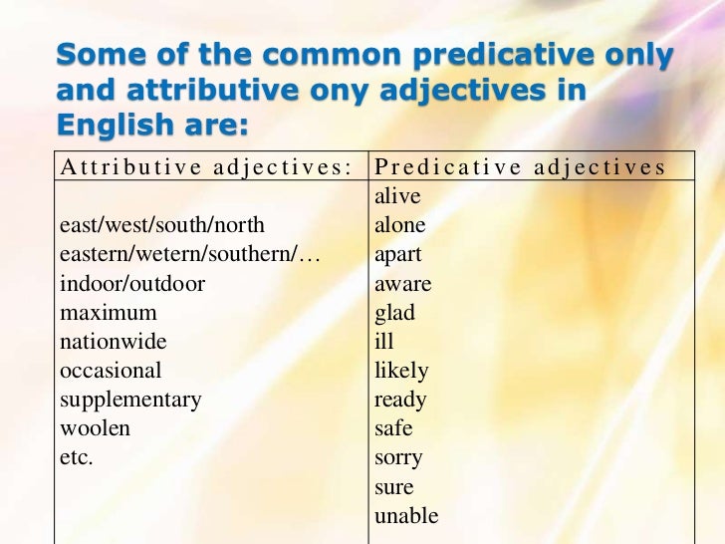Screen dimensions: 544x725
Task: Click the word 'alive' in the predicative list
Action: tap(397, 196)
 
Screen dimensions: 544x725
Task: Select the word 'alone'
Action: tap(400, 225)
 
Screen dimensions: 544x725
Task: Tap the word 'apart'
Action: tap(398, 255)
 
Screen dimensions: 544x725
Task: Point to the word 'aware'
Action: tap(402, 284)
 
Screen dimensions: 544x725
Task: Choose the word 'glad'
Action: tap(394, 313)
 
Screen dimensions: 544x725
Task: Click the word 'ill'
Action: tap(384, 342)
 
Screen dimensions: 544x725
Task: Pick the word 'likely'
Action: tap(401, 371)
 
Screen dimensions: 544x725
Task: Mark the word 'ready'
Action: tap(400, 401)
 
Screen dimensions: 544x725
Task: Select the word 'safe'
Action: tap(393, 429)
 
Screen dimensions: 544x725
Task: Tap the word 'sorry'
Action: tap(398, 458)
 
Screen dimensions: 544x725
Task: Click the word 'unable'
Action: tap(405, 516)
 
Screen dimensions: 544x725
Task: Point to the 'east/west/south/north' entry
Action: tap(162, 225)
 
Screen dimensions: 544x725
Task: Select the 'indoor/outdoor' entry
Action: tap(132, 284)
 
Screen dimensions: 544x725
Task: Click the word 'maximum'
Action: tap(109, 313)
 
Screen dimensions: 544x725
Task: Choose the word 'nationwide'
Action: tap(114, 342)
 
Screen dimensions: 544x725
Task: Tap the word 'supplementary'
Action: tap(130, 401)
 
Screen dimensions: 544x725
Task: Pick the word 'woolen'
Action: tap(96, 429)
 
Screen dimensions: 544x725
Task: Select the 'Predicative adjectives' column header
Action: tap(519, 166)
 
